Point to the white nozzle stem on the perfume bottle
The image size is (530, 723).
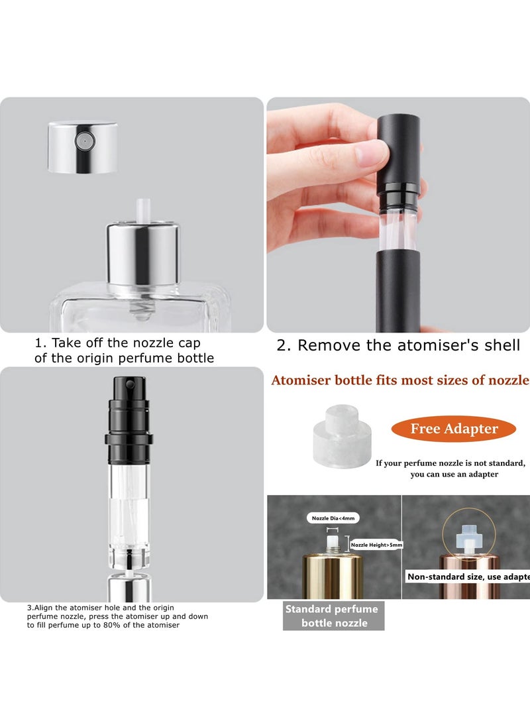pos(142,210)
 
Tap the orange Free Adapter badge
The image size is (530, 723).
pos(454,429)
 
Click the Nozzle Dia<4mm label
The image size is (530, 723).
pos(333,518)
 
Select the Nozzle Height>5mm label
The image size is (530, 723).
pos(376,545)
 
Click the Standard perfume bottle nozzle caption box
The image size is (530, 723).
pos(331,616)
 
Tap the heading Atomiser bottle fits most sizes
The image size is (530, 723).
pos(400,380)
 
